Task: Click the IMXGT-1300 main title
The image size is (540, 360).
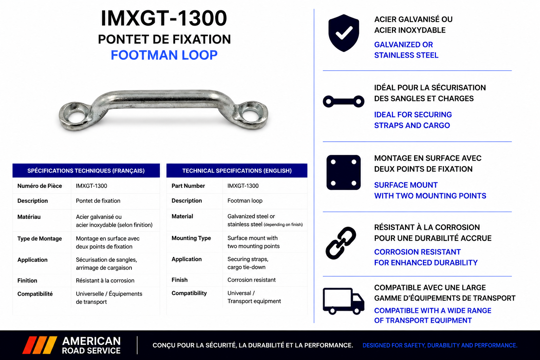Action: click(x=164, y=18)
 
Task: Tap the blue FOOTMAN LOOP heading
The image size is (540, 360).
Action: click(x=164, y=55)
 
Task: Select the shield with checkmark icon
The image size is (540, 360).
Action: click(x=343, y=33)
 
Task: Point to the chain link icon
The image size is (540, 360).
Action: click(x=341, y=243)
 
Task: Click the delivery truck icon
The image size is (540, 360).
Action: click(x=343, y=301)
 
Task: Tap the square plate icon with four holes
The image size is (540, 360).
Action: click(x=343, y=172)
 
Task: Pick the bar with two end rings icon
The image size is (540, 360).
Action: click(x=343, y=101)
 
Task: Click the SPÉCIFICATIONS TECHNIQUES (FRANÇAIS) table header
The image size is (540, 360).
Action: click(x=86, y=171)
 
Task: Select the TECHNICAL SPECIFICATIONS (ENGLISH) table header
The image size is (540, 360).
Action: click(x=237, y=171)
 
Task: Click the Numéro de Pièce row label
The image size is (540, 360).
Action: click(x=39, y=186)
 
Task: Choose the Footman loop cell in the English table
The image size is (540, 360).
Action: click(x=245, y=201)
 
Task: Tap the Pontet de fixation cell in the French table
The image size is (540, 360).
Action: click(x=98, y=201)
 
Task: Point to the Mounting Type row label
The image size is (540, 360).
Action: click(x=191, y=238)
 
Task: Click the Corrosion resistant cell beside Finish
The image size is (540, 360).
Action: click(x=251, y=280)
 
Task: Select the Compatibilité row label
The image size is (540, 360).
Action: click(x=35, y=294)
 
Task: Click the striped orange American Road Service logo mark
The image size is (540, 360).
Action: click(x=40, y=345)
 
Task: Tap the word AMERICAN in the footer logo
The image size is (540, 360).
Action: click(x=91, y=341)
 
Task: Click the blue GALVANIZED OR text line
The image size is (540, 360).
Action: click(x=404, y=45)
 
